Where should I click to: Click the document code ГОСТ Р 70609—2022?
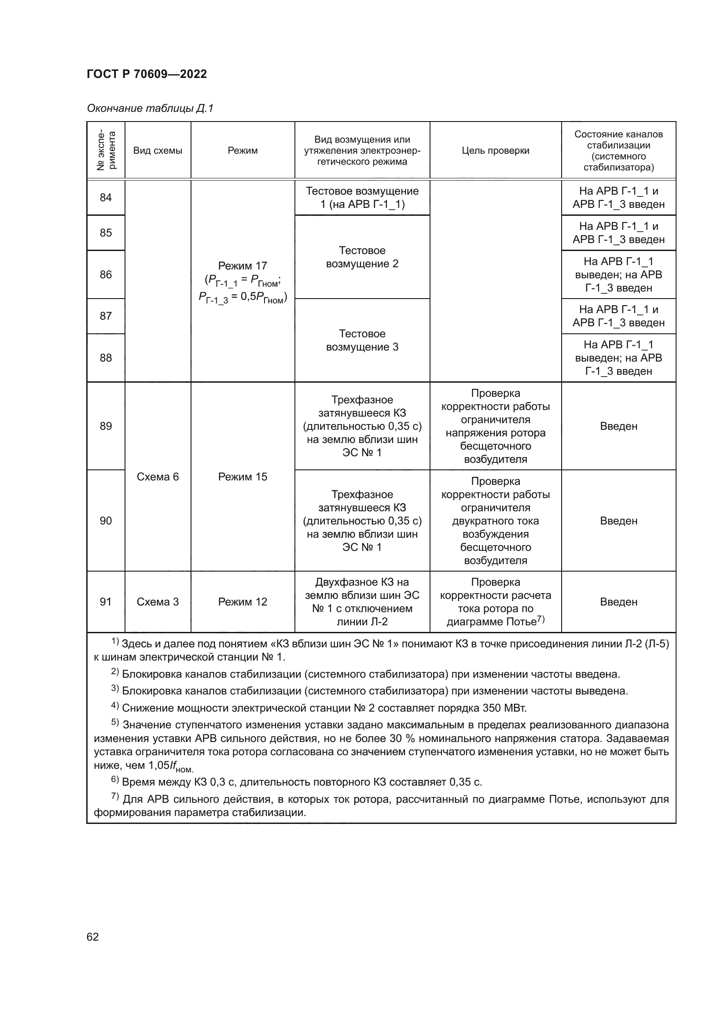click(147, 74)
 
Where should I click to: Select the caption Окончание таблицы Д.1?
click(150, 108)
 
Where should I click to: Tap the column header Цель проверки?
click(495, 151)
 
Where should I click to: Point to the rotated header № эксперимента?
click(106, 151)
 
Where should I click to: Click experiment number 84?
click(106, 197)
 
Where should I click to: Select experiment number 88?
click(106, 358)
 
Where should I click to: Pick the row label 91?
click(106, 602)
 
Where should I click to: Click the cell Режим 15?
click(243, 476)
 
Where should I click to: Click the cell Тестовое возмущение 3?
click(362, 340)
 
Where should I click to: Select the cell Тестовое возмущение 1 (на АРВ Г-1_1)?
click(362, 197)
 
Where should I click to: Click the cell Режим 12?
click(243, 602)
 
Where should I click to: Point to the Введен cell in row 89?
click(618, 426)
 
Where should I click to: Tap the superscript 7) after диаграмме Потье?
click(540, 619)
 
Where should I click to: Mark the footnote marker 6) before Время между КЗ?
click(115, 780)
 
